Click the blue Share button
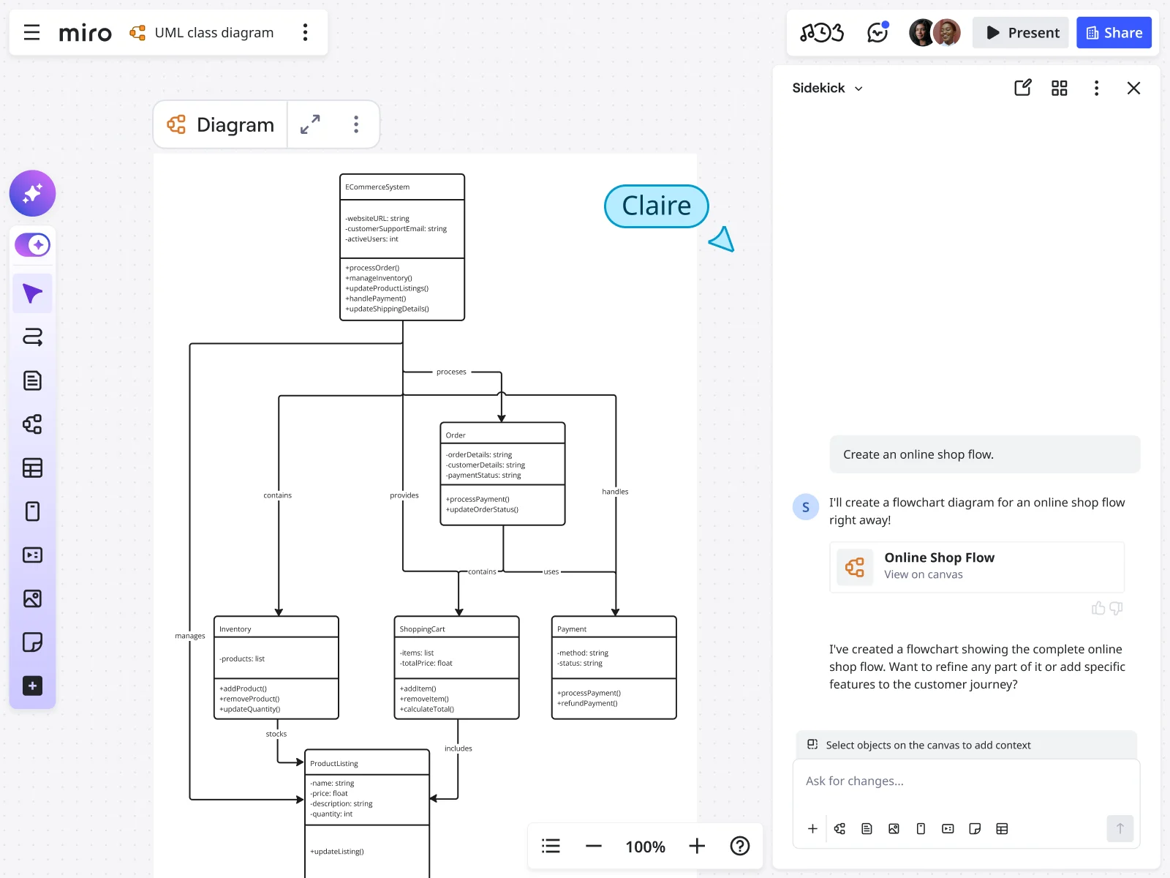1114,33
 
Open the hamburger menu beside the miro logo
31,33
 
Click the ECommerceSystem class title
377,187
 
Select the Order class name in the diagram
456,435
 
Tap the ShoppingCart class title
422,629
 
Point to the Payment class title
572,629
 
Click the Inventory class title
235,629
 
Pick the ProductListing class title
334,764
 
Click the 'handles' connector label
615,492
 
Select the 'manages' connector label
190,636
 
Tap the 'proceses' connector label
451,372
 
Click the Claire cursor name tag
656,206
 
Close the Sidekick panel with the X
1133,89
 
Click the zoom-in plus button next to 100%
697,847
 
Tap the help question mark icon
740,847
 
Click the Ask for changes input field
965,781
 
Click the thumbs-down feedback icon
1116,608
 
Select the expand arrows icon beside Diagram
310,124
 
